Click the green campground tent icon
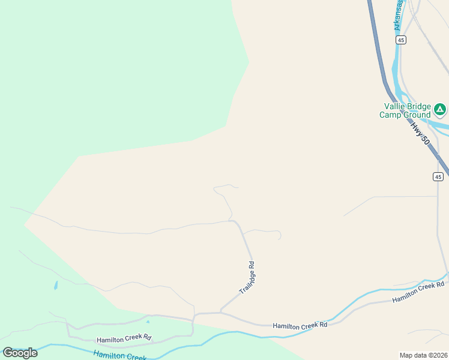[x=440, y=109]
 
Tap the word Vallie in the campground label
[x=395, y=106]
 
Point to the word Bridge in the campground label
[x=420, y=106]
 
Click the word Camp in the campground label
[x=390, y=115]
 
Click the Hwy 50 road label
[x=420, y=133]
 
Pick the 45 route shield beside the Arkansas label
[x=401, y=40]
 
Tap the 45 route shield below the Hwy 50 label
[x=438, y=176]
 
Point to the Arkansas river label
[x=397, y=15]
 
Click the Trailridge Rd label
[x=247, y=277]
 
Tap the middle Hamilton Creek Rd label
[x=300, y=325]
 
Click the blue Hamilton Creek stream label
[x=120, y=356]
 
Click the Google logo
[x=20, y=353]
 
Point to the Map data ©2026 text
[x=423, y=355]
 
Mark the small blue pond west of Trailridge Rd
[x=55, y=286]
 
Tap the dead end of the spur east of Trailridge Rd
[x=280, y=239]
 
